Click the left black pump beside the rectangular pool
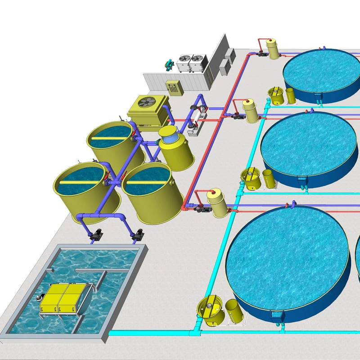click(95, 234)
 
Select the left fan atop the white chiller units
click(185, 58)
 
